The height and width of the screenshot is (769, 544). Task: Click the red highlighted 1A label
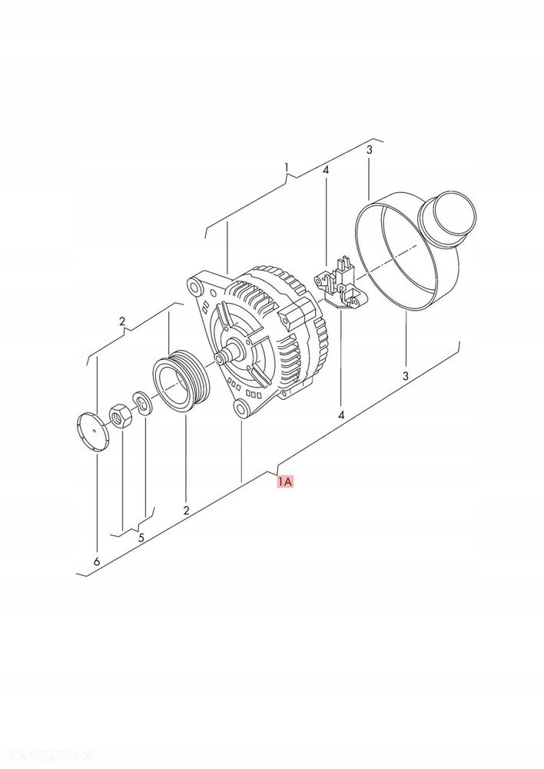(284, 482)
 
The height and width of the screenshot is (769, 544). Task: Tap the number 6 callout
(97, 562)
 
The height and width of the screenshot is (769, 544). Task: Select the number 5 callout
(141, 538)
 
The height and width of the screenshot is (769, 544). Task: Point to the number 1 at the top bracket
(287, 168)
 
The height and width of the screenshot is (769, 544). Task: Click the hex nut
(120, 417)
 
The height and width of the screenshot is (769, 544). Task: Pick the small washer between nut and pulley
(141, 401)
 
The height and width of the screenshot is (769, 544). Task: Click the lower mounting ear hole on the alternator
(243, 407)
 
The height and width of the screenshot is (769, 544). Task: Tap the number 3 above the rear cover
(369, 150)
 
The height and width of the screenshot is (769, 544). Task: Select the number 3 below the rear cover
(406, 376)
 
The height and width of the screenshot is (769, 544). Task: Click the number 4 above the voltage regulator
(326, 170)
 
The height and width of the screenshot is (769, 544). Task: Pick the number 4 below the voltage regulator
(341, 415)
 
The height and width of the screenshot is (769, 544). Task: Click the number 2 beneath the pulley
(186, 509)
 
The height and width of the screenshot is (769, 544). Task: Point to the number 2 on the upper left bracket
(121, 321)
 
